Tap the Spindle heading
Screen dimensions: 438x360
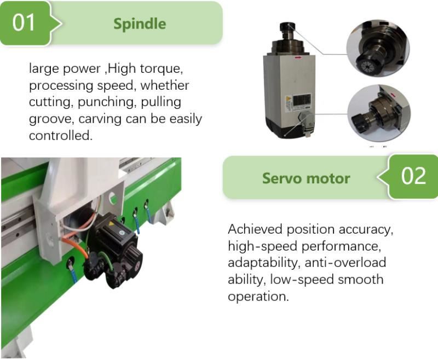140,24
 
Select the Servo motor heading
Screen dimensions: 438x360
306,178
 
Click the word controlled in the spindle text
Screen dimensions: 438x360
60,136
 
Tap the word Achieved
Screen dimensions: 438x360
255,229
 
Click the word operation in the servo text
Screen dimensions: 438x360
258,297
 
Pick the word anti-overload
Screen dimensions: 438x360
345,263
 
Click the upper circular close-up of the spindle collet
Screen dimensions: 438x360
378,48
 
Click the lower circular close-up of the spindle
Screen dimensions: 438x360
379,113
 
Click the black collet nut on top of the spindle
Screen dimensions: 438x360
287,27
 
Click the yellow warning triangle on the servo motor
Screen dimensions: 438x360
112,224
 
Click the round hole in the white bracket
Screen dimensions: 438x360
113,198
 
